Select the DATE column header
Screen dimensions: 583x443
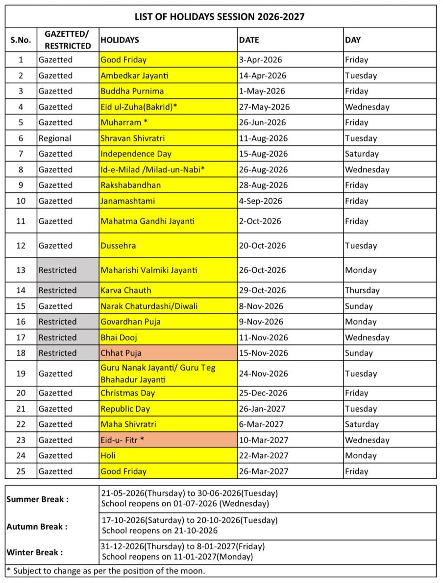(249, 40)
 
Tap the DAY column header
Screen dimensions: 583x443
(353, 40)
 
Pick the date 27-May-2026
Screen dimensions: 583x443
(264, 107)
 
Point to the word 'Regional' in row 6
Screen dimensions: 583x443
(55, 138)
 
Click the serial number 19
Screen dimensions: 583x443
(21, 373)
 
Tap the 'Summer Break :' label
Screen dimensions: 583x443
(37, 499)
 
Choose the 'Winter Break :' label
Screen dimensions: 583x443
(35, 552)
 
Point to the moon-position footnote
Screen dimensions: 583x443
(105, 571)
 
